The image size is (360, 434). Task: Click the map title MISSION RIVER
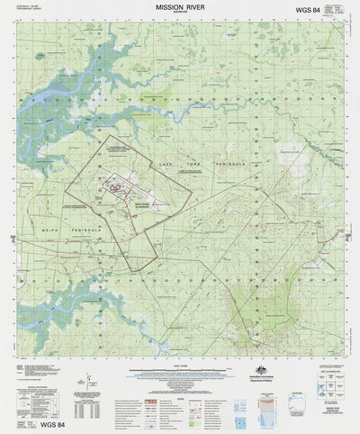(181, 7)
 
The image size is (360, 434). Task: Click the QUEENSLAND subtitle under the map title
(181, 14)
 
